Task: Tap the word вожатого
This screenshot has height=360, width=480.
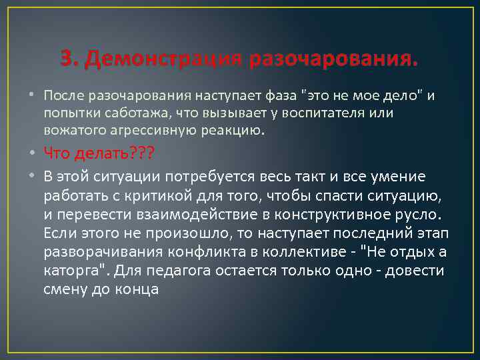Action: pyautogui.click(x=74, y=130)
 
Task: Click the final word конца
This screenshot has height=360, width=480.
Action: pyautogui.click(x=137, y=291)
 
